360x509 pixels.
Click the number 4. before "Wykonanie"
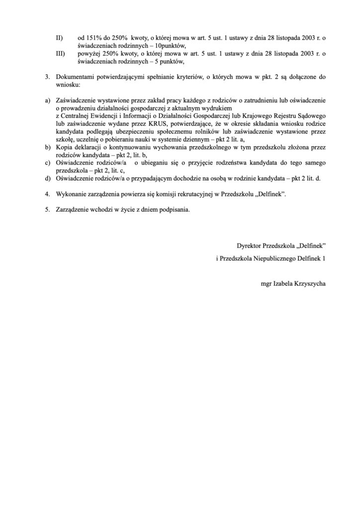point(48,194)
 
